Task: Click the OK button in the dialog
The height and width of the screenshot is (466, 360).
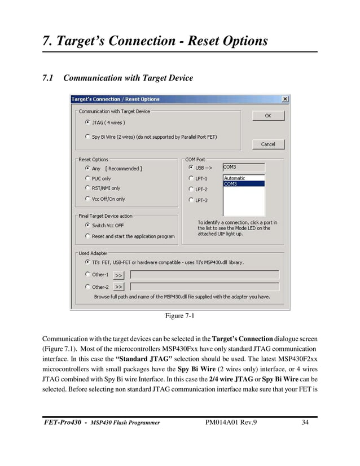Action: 267,116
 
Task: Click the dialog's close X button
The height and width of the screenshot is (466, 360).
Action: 284,99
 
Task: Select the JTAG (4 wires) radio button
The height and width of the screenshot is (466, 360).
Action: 87,122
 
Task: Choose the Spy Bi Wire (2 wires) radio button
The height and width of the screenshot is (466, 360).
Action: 87,137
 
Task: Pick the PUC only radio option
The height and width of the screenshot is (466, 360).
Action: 87,178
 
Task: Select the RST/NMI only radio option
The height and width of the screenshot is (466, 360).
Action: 87,188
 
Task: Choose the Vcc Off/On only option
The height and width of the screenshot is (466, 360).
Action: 87,199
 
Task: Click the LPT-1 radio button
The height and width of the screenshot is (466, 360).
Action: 191,178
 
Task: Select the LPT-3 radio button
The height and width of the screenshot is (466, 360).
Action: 191,200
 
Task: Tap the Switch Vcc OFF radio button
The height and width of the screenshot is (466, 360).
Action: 87,225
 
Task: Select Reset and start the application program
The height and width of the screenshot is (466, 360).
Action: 87,236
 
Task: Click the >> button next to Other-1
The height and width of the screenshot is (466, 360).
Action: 118,275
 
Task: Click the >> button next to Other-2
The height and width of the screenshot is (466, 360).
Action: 118,287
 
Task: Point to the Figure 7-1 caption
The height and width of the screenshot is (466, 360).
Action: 179,316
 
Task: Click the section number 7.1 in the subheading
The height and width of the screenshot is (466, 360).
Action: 49,78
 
